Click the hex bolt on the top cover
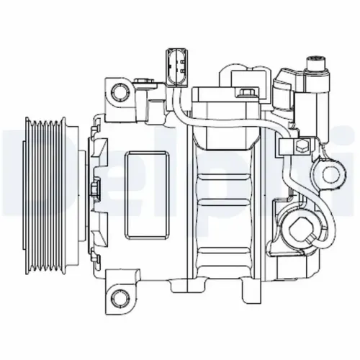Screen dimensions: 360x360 point(247,92)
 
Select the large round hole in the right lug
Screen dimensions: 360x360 point(331,174)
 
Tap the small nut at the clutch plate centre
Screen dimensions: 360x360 point(96,191)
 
